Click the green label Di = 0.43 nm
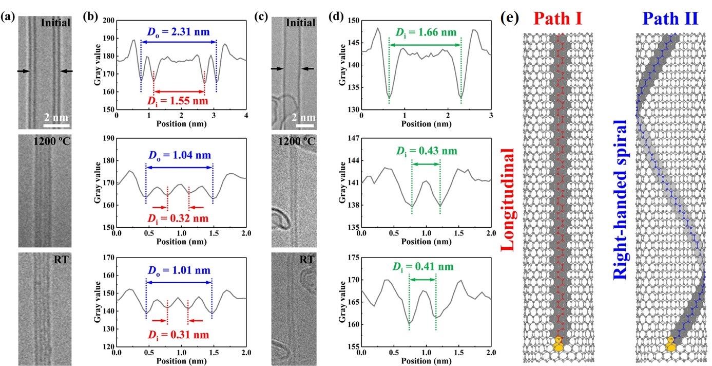click(426, 151)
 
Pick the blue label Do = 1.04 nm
click(179, 156)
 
